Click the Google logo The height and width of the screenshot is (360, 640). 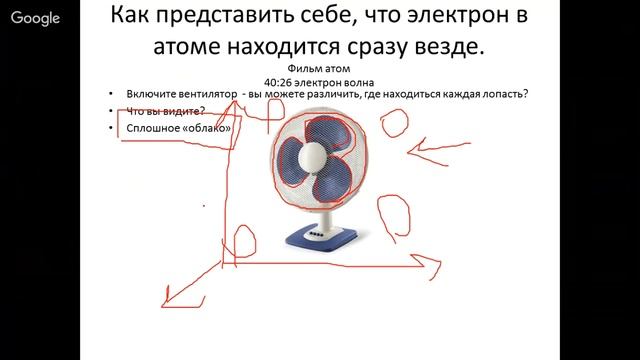point(35,18)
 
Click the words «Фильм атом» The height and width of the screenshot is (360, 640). point(319,67)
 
